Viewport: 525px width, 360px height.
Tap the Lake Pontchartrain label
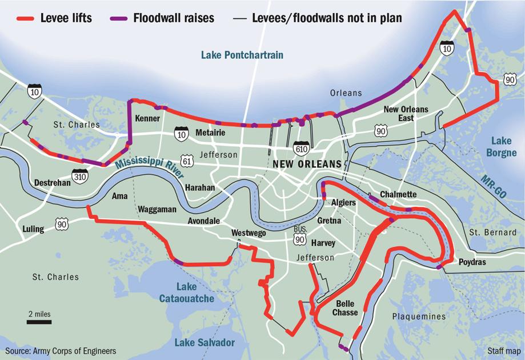tap(242, 55)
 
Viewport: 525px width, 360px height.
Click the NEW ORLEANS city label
tap(307, 164)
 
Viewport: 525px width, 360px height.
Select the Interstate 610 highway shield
tap(301, 148)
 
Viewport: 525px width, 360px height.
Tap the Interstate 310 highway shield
tap(80, 177)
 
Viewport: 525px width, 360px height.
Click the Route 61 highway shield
tap(188, 162)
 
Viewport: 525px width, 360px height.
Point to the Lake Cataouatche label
tap(187, 293)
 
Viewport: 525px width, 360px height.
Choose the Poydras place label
tap(472, 262)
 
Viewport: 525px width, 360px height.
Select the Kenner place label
tap(147, 118)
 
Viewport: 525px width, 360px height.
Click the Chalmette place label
tap(398, 194)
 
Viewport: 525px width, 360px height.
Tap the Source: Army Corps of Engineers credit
tap(61, 351)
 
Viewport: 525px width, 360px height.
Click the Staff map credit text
tap(503, 351)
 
